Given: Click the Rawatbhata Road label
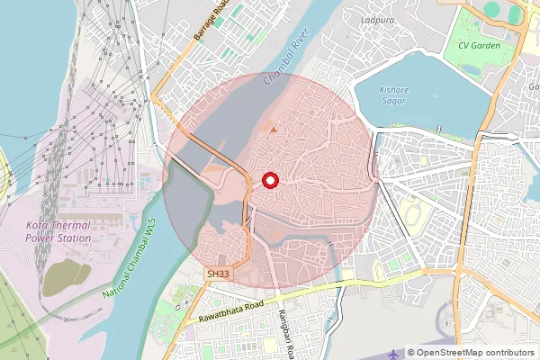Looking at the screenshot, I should tap(223, 309).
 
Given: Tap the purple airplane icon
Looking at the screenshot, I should tap(394, 354).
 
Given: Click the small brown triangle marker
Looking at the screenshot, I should tap(274, 131).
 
